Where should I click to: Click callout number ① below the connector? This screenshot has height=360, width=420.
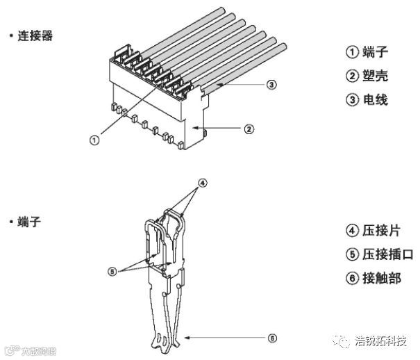[x=94, y=139]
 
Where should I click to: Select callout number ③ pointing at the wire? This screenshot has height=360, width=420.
[x=271, y=85]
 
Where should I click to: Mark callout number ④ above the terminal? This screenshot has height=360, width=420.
[x=203, y=184]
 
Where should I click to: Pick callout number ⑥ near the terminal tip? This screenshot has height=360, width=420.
[x=273, y=338]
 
